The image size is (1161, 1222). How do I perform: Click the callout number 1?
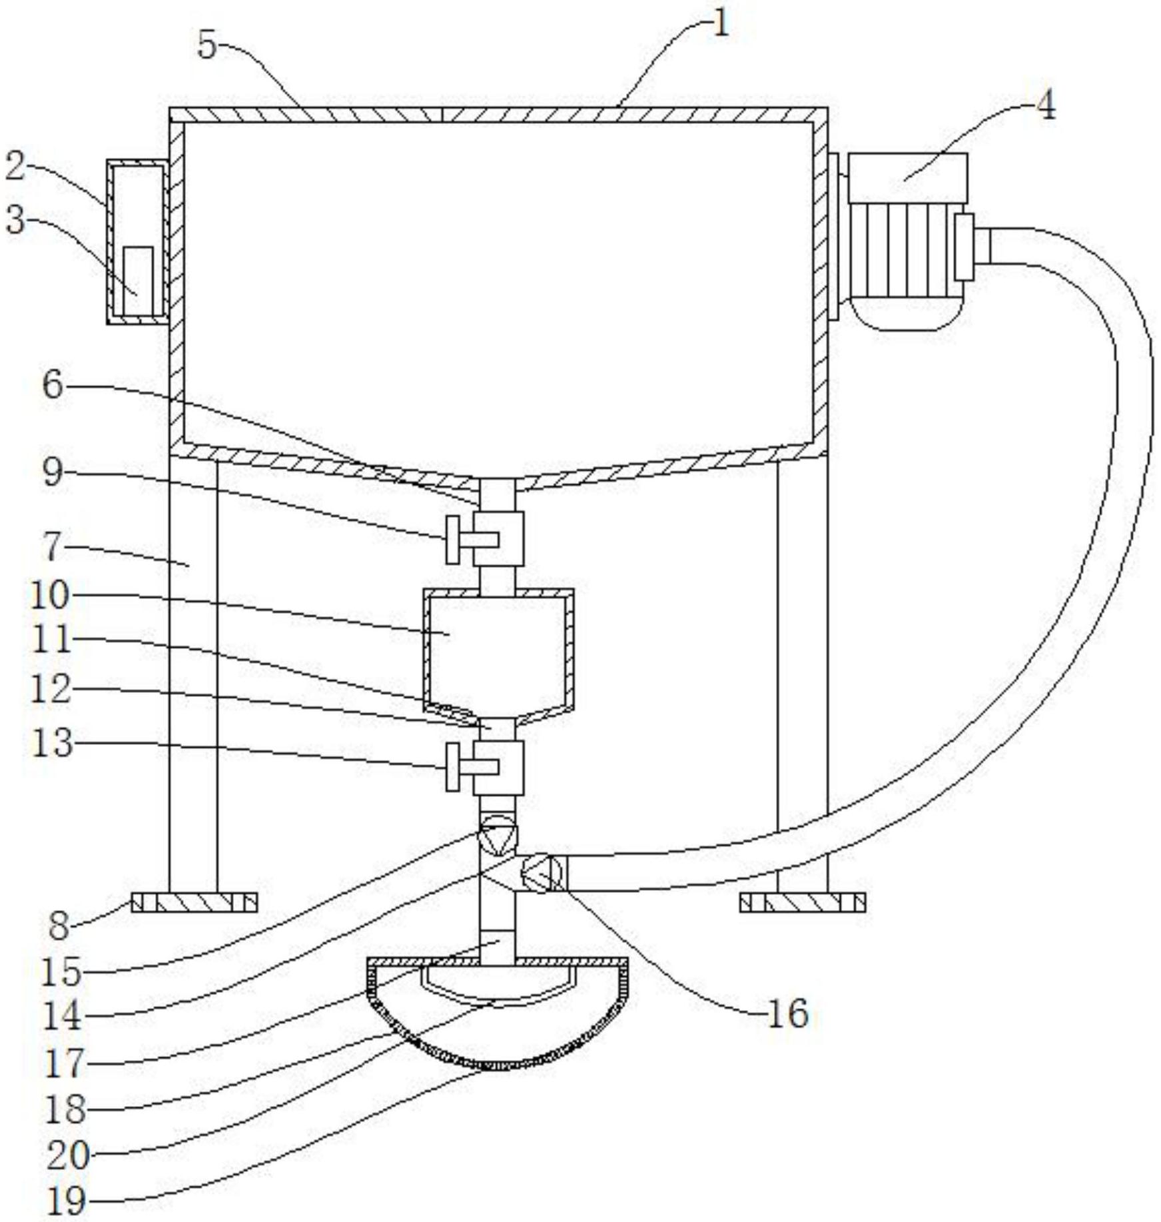[x=721, y=25]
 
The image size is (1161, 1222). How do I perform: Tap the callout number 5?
[x=208, y=46]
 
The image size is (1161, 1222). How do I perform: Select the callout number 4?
[x=1046, y=106]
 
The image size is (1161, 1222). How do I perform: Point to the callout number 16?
[x=789, y=1013]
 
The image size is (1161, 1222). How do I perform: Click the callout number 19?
[x=67, y=1201]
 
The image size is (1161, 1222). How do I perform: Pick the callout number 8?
[x=59, y=925]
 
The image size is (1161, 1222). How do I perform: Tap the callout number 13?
[x=52, y=742]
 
